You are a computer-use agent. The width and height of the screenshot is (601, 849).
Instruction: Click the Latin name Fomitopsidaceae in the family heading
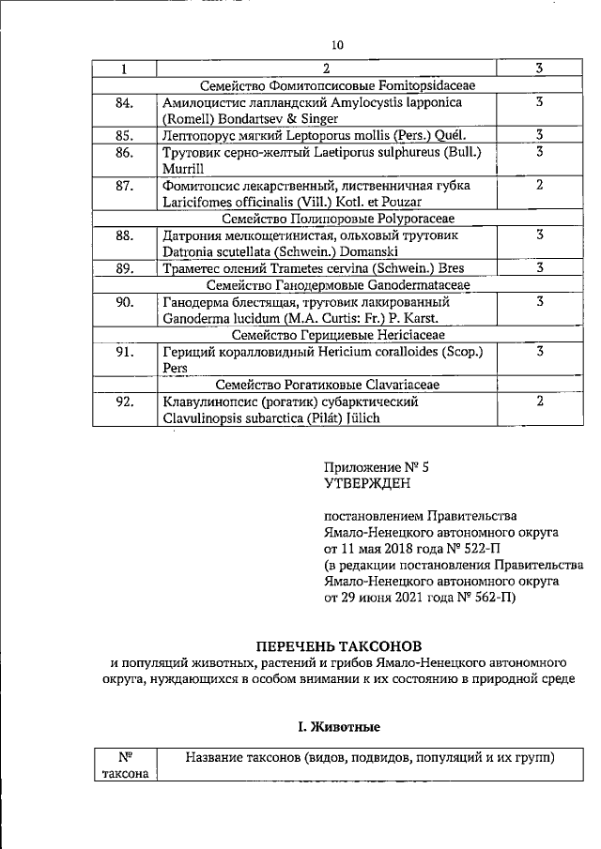tap(428, 85)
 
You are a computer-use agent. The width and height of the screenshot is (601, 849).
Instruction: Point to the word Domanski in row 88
tap(367, 251)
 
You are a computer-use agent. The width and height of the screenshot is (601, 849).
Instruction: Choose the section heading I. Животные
tap(338, 726)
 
